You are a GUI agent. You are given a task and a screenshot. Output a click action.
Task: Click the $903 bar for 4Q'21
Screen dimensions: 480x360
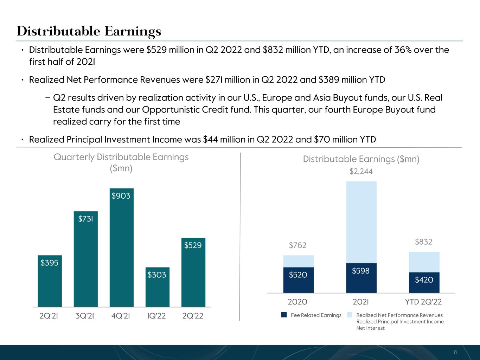[x=121, y=247]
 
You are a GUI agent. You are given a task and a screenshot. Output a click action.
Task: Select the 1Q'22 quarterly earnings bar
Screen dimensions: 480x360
[x=158, y=287]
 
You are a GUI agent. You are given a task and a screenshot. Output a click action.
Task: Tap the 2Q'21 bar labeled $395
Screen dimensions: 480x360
[x=50, y=281]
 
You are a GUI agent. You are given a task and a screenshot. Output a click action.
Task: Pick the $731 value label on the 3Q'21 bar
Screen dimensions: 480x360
[x=85, y=219]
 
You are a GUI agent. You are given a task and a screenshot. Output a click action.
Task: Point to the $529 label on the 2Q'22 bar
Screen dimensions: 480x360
[x=193, y=245]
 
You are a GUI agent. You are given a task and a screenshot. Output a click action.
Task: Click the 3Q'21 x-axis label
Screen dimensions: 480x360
[x=85, y=316]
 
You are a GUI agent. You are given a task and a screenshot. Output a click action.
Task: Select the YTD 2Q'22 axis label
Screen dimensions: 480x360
[x=423, y=302]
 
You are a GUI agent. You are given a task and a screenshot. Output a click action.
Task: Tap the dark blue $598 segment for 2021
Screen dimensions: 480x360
[x=361, y=278]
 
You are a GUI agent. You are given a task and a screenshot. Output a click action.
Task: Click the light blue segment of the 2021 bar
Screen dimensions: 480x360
[x=361, y=222]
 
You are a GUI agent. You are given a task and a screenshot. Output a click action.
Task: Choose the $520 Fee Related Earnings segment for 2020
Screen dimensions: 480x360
[x=299, y=280]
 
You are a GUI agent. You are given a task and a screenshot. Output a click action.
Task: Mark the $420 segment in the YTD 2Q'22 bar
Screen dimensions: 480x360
[x=424, y=282]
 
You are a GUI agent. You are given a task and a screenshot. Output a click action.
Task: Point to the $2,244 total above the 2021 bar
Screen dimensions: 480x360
[x=361, y=171]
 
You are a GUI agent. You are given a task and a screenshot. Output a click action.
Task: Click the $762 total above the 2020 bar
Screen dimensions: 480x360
[x=297, y=245]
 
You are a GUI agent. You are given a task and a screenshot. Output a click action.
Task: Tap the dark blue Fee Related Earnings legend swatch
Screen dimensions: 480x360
[x=284, y=315]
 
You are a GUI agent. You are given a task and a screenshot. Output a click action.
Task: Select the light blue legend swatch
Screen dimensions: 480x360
[x=350, y=315]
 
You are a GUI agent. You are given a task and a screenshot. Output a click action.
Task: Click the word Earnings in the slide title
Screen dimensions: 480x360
[x=133, y=32]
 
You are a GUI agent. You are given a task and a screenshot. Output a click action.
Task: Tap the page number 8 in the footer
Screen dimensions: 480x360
[x=455, y=352]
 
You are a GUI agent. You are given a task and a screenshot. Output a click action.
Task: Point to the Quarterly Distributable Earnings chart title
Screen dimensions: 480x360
[x=121, y=163]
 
